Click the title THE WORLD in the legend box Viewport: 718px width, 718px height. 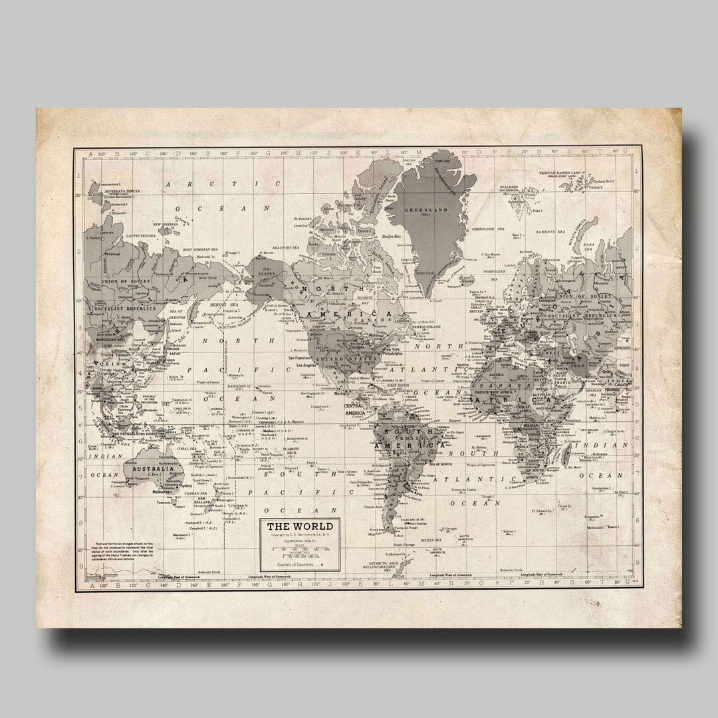[x=300, y=527]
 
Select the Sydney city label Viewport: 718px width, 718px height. [x=186, y=486]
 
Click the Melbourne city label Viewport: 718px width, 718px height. [x=162, y=492]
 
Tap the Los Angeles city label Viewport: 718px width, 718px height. [x=310, y=365]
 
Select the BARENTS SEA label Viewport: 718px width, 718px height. [x=552, y=231]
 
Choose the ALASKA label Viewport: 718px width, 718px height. [x=269, y=273]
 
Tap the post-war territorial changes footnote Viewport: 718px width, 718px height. [x=124, y=550]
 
